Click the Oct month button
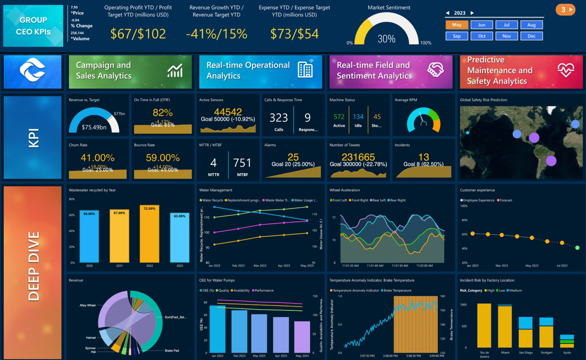481,36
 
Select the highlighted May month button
457,25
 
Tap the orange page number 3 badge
565,10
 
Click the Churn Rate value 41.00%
97,158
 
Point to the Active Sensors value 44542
228,112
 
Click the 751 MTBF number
242,163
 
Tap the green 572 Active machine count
339,117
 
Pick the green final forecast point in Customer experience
577,248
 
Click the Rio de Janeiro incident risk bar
484,325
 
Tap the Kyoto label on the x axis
567,353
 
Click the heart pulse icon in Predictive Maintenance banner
566,70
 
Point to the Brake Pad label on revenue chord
172,351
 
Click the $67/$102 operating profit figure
138,34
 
